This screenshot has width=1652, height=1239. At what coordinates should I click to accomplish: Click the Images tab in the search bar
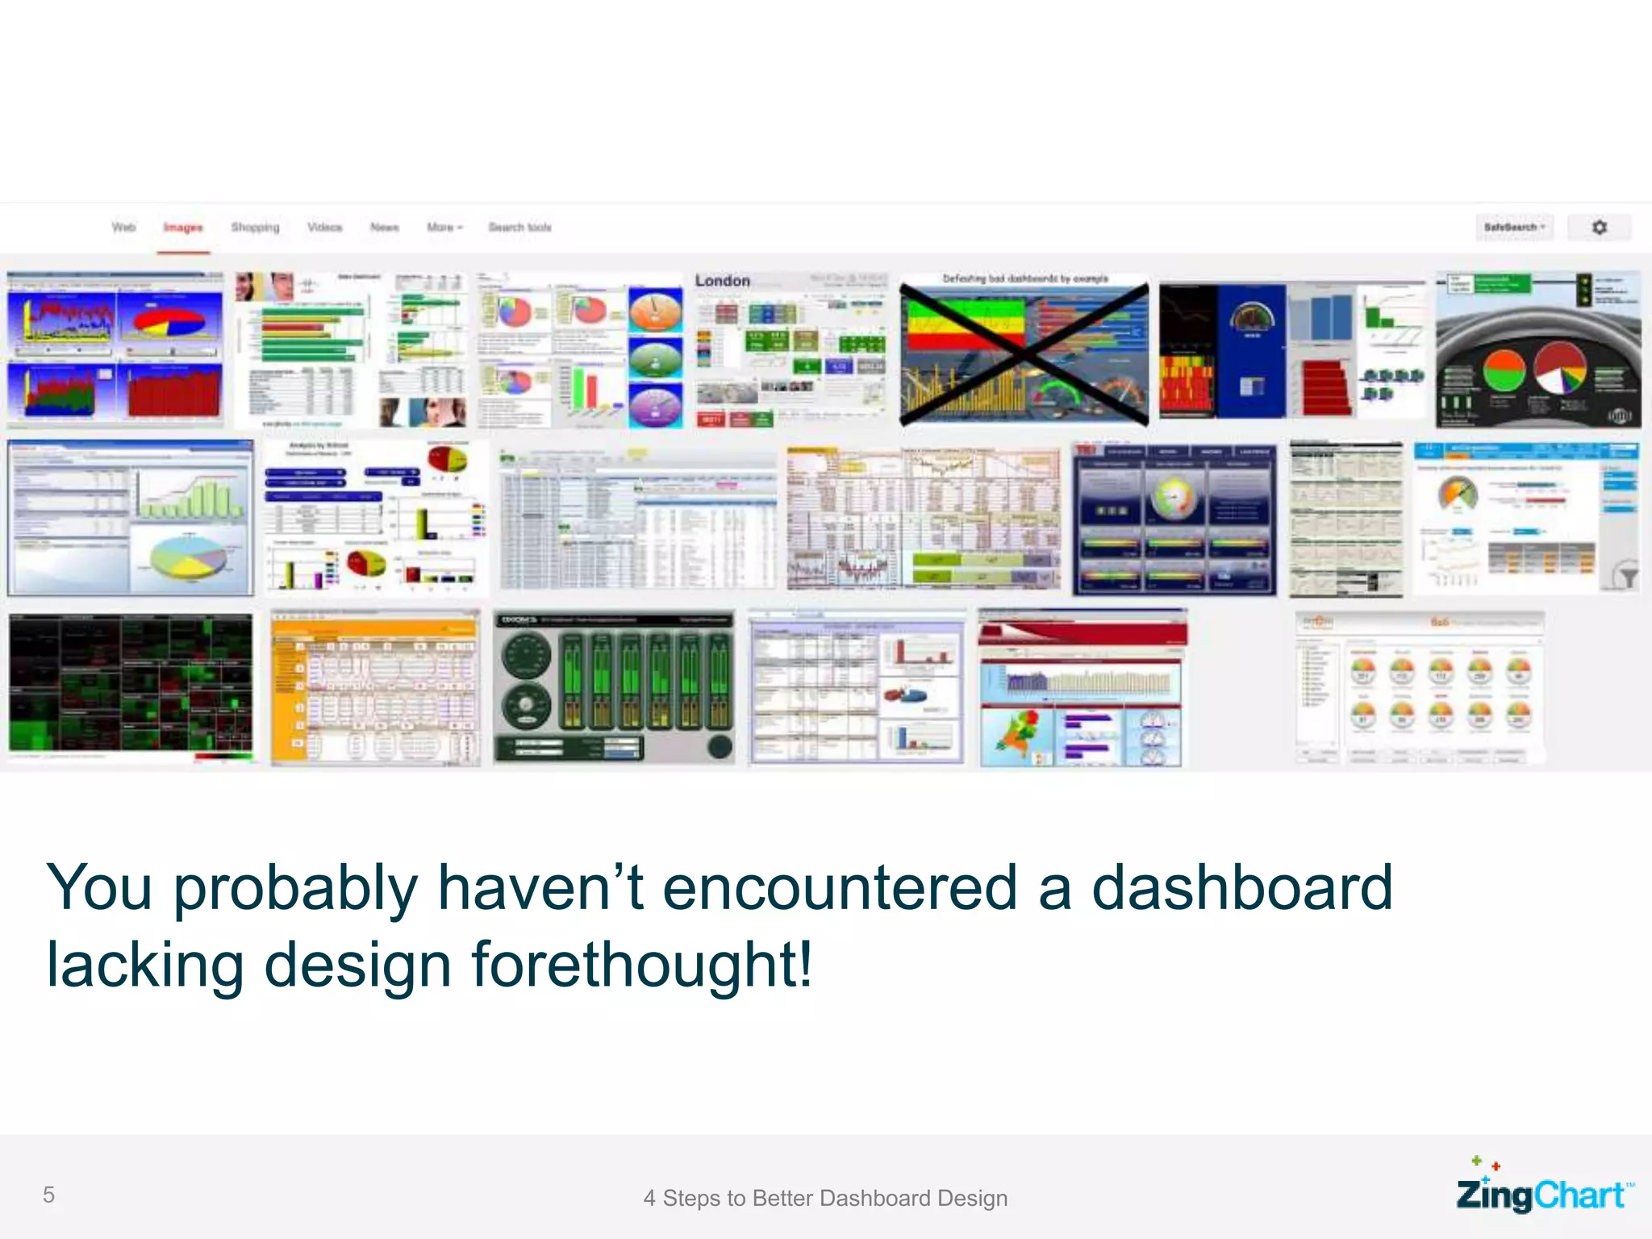(183, 227)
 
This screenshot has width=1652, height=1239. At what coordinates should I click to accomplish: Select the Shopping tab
(255, 227)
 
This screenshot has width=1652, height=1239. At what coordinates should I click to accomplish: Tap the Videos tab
(324, 227)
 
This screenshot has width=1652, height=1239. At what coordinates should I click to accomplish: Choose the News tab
(384, 227)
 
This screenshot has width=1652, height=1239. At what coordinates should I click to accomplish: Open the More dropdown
(444, 227)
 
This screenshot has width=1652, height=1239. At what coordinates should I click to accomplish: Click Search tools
(519, 227)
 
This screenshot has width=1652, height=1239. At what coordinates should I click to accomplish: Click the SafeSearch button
(1514, 227)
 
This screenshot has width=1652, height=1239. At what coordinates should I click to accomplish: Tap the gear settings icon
(1599, 227)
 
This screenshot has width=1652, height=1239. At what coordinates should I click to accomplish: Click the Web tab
(123, 227)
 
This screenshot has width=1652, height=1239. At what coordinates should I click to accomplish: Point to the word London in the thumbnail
(722, 281)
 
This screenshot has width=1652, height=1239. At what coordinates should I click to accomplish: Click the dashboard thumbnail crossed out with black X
(1024, 352)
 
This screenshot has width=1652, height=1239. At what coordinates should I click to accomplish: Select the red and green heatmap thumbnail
(130, 686)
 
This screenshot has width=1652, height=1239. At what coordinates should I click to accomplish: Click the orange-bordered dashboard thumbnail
(375, 687)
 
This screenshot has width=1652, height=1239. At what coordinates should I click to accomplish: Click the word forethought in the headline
(641, 964)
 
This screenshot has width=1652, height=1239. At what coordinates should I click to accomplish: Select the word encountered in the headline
(840, 887)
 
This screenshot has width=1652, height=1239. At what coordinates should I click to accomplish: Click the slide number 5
(48, 1195)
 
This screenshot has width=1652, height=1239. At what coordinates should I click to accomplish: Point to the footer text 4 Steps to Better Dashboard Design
(825, 1198)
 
